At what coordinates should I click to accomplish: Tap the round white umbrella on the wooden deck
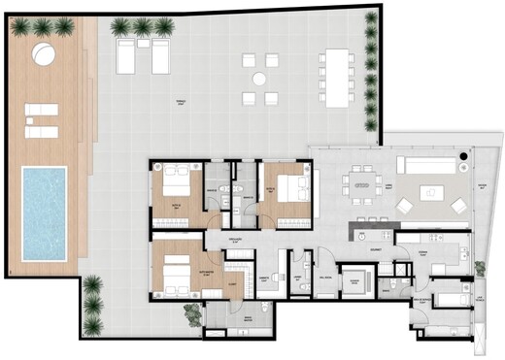click(x=44, y=52)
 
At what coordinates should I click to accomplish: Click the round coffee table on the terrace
click(x=259, y=79)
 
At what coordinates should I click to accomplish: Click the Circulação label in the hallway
click(x=234, y=238)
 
